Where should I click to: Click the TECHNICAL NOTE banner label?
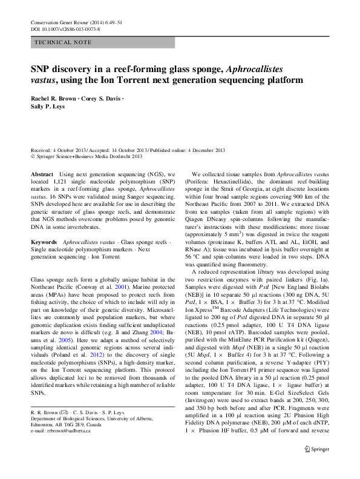(x=64, y=42)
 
